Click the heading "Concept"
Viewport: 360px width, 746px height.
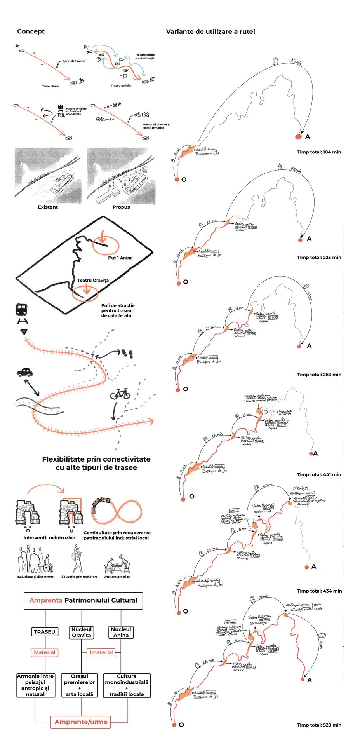point(31,31)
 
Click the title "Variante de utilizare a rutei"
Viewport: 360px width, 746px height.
point(210,32)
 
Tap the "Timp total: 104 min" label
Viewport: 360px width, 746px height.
point(319,152)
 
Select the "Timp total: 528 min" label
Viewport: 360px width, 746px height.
point(319,725)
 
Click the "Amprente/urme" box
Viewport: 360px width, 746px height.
point(81,722)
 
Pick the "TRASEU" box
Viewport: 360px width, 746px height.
point(45,632)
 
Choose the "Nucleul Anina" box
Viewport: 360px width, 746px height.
point(121,632)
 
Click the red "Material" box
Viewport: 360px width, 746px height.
point(45,652)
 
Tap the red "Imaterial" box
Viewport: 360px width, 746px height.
point(102,652)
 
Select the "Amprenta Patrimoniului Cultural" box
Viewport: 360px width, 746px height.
point(83,600)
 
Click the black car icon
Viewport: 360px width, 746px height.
point(25,372)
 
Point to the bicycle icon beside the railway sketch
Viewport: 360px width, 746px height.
point(120,394)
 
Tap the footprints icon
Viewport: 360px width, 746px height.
point(127,353)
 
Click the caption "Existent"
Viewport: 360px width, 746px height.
point(48,207)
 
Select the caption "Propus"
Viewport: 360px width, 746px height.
point(121,207)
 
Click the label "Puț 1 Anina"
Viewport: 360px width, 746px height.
point(120,258)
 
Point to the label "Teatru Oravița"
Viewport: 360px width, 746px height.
point(93,280)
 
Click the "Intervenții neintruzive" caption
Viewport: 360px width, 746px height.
point(49,538)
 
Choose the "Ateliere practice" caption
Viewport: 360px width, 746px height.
point(117,577)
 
